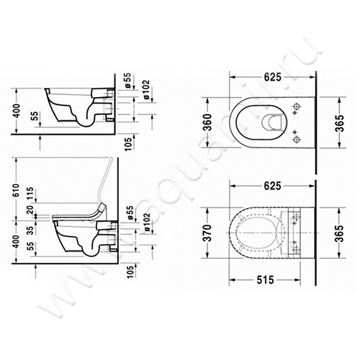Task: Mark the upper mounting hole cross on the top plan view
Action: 296,106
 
